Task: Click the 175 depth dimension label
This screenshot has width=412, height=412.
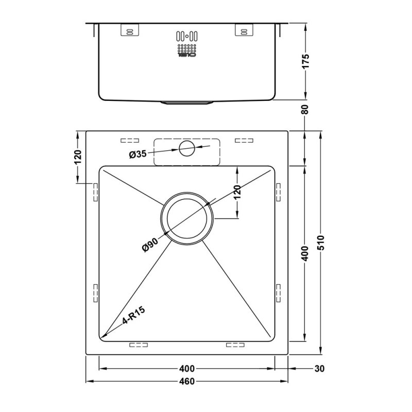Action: click(306, 61)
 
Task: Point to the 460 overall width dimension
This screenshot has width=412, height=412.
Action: click(187, 381)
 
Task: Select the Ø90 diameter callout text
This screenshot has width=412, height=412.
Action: click(150, 242)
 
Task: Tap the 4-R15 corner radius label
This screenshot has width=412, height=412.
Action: click(133, 315)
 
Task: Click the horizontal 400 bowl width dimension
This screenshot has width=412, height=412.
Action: click(187, 369)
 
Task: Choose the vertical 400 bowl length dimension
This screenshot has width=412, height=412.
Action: click(305, 253)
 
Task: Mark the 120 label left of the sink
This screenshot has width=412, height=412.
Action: click(78, 157)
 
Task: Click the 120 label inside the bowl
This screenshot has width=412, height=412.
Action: click(237, 192)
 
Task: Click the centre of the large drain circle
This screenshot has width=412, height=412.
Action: click(186, 218)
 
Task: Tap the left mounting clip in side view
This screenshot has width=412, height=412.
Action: click(129, 31)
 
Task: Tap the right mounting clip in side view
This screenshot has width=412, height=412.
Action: click(243, 31)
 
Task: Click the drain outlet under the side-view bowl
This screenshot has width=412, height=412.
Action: click(186, 102)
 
